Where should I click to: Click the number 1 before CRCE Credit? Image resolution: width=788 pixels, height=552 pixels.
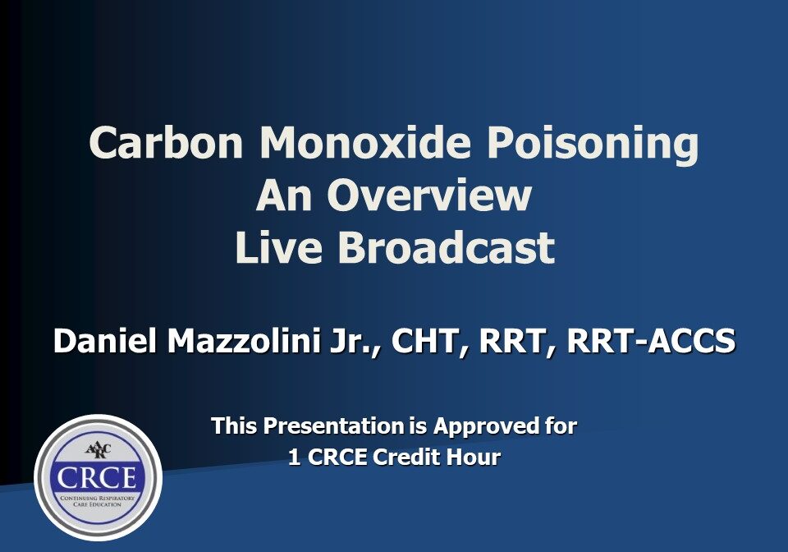294,458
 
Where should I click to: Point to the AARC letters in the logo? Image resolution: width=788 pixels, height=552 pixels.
98,451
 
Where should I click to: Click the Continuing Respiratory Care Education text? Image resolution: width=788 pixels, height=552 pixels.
98,501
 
